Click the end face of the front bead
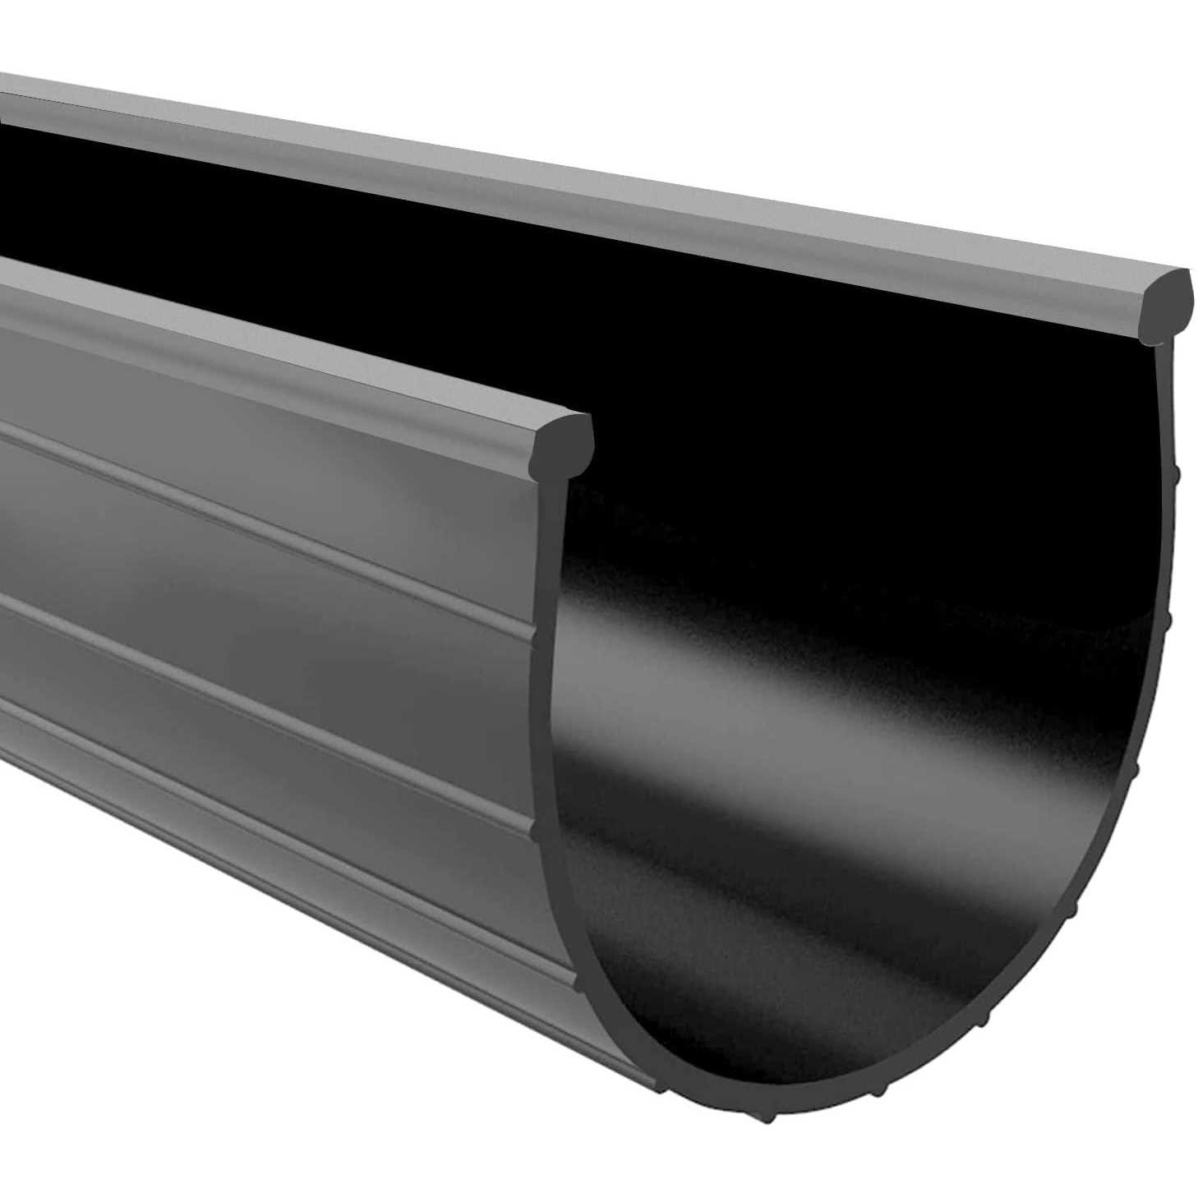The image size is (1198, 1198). click(564, 441)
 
